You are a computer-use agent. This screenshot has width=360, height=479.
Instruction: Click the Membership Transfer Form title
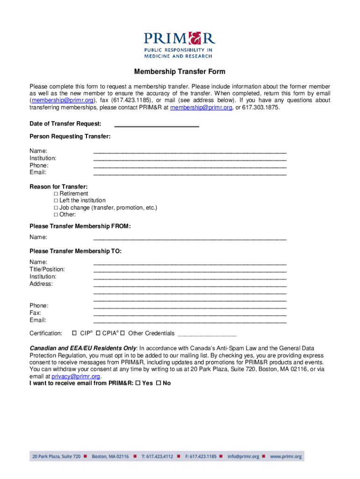(180, 72)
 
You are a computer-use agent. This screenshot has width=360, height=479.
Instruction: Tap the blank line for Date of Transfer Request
(157, 125)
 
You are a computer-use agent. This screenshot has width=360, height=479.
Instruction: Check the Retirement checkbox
(56, 194)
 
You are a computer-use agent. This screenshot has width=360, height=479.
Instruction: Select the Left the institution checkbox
(56, 201)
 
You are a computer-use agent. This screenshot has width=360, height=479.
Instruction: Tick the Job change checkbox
(56, 208)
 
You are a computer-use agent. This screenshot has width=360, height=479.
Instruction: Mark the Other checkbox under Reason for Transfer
(56, 215)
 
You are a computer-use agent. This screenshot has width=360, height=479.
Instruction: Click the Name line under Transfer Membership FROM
(190, 239)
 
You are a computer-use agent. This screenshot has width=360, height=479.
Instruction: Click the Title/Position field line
(190, 270)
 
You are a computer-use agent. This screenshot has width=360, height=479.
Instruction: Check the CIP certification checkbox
(74, 333)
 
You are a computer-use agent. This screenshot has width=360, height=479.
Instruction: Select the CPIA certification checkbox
(99, 333)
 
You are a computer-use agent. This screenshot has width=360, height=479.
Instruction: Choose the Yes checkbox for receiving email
(137, 383)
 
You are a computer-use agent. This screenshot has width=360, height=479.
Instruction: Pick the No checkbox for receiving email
(158, 383)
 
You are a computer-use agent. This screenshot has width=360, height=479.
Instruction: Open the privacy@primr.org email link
(76, 376)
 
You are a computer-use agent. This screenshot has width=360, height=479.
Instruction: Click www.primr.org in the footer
(286, 456)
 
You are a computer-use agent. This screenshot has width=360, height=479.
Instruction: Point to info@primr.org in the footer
(243, 456)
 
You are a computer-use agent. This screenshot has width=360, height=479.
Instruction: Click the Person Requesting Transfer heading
(70, 137)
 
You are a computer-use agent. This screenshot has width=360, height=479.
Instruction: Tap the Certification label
(46, 334)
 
